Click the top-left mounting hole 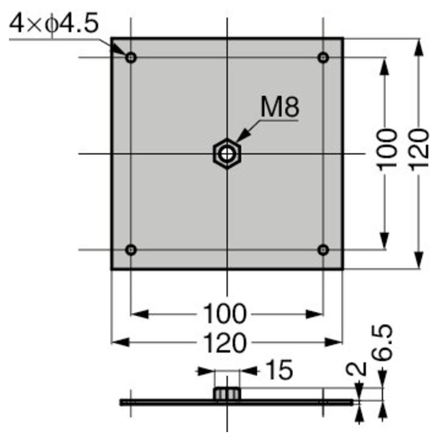131,58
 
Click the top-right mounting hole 323,58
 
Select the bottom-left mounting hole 131,250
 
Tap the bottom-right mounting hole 323,250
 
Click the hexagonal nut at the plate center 227,154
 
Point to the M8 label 280,107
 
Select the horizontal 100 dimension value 224,314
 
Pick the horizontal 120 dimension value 225,343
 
